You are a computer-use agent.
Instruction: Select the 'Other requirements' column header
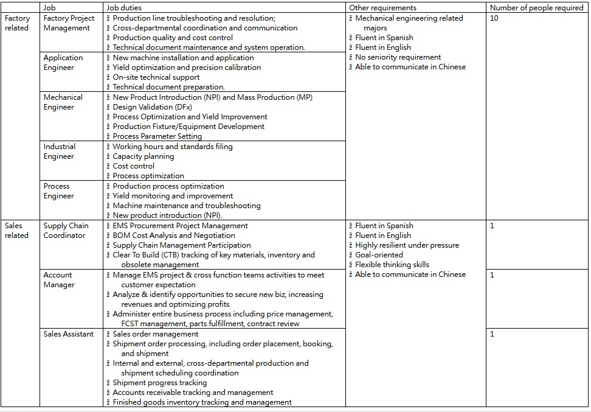(382, 8)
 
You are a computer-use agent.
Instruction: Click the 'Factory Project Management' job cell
(69, 23)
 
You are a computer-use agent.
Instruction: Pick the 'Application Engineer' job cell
(63, 63)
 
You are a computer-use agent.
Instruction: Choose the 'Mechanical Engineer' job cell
(63, 102)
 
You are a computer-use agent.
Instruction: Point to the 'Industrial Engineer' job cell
(60, 152)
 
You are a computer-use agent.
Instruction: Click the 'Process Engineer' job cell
(58, 191)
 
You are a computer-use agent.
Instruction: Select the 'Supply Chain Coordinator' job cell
(66, 231)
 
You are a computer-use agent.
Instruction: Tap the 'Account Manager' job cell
(59, 280)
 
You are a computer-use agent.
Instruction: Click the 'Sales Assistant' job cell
(68, 334)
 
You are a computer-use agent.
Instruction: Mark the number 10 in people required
(494, 18)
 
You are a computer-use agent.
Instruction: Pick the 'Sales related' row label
(16, 231)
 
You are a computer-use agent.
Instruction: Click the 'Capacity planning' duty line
(143, 156)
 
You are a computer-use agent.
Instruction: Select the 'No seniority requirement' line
(398, 57)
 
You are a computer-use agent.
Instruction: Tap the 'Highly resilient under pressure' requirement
(407, 245)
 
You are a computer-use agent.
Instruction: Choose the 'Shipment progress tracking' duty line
(159, 383)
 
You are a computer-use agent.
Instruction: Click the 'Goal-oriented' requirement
(379, 255)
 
